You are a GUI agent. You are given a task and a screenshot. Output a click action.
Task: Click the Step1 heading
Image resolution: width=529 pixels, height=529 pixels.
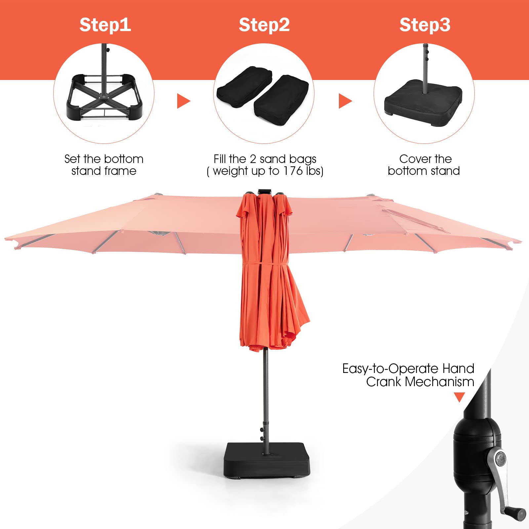(x=105, y=25)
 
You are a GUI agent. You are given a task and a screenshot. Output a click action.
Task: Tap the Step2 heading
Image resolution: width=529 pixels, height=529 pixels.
(x=264, y=25)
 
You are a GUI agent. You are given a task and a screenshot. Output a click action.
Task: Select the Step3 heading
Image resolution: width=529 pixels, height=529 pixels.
(x=425, y=25)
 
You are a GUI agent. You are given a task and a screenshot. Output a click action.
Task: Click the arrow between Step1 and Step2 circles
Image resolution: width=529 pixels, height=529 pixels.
(x=184, y=101)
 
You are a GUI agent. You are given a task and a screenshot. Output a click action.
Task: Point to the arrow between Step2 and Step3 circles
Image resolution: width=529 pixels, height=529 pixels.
(x=346, y=101)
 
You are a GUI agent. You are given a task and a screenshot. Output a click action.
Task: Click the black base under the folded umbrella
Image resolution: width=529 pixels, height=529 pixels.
(x=267, y=460)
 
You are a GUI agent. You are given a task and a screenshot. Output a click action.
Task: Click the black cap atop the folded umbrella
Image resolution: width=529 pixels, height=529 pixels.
(x=264, y=191)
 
